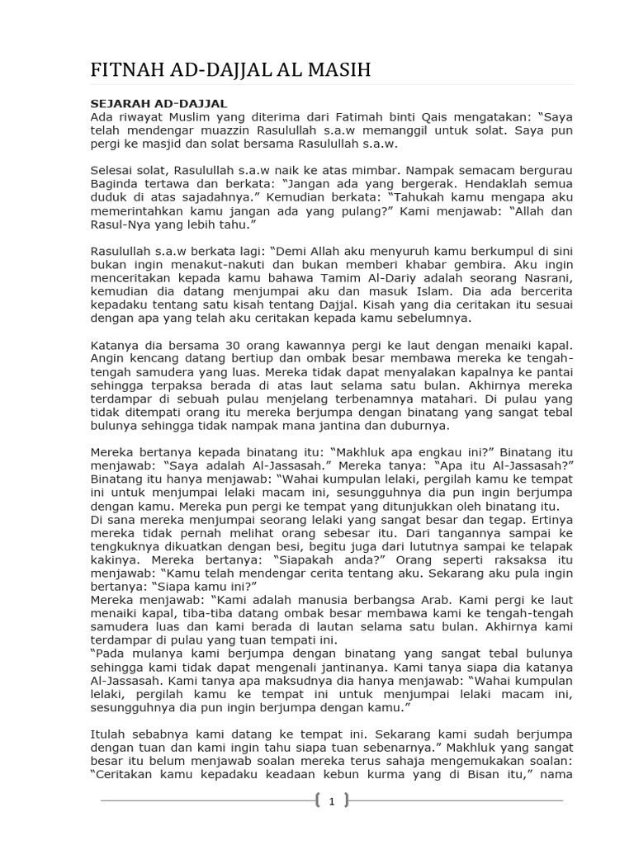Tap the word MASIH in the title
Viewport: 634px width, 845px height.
point(338,71)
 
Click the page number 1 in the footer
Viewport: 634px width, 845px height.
point(331,800)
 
